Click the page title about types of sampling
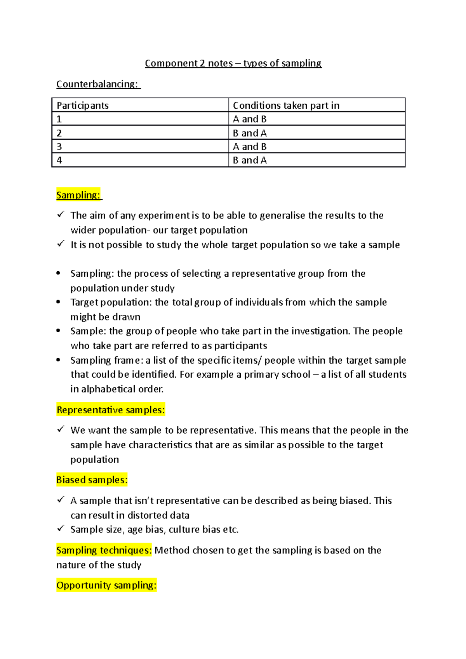click(233, 63)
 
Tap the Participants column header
click(83, 106)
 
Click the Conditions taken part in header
click(286, 106)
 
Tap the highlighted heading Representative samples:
click(111, 410)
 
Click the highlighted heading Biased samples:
click(92, 480)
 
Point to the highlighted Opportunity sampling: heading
click(106, 585)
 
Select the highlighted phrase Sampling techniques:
click(104, 550)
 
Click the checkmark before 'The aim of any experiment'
click(61, 214)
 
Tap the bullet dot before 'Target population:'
click(58, 302)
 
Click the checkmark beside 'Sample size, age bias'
click(61, 528)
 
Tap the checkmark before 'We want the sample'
click(61, 429)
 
